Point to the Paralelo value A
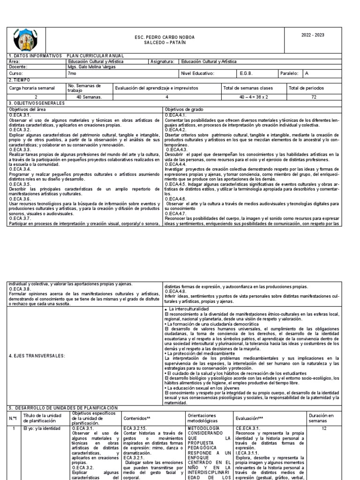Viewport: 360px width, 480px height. pos(307,74)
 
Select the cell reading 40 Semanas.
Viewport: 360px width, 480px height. pos(89,97)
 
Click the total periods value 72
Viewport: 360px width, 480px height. pos(314,97)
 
